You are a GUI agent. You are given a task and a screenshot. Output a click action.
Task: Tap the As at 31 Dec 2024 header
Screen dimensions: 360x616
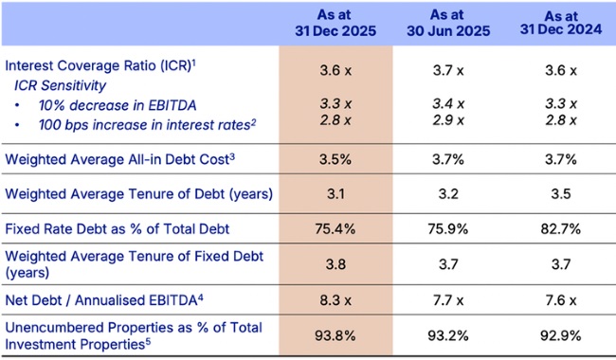point(559,23)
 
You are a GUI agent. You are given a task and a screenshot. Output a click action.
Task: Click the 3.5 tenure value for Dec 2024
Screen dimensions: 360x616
point(559,193)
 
